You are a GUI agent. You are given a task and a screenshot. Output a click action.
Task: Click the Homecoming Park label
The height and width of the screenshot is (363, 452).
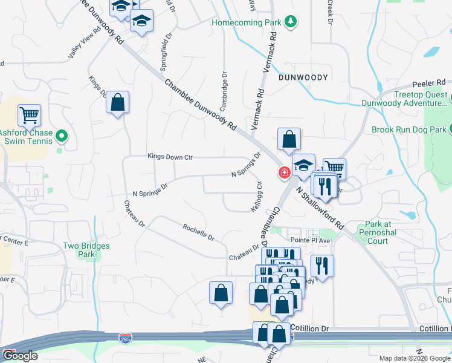[247, 22]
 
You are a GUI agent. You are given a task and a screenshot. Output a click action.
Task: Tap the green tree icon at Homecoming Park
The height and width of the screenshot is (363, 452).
[292, 22]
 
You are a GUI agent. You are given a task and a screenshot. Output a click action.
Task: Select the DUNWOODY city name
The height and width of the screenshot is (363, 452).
[303, 77]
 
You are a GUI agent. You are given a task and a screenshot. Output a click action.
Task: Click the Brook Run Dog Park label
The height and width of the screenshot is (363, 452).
[408, 129]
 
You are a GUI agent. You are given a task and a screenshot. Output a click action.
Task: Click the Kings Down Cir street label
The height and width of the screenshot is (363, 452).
[170, 156]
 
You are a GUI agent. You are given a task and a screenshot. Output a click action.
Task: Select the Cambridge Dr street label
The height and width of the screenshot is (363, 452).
[225, 88]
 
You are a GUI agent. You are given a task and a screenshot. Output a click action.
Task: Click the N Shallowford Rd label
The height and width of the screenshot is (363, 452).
[320, 207]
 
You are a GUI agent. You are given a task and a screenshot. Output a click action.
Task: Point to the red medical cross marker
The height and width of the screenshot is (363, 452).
[283, 174]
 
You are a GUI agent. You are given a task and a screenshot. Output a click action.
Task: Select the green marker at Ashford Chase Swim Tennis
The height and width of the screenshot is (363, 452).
[60, 135]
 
